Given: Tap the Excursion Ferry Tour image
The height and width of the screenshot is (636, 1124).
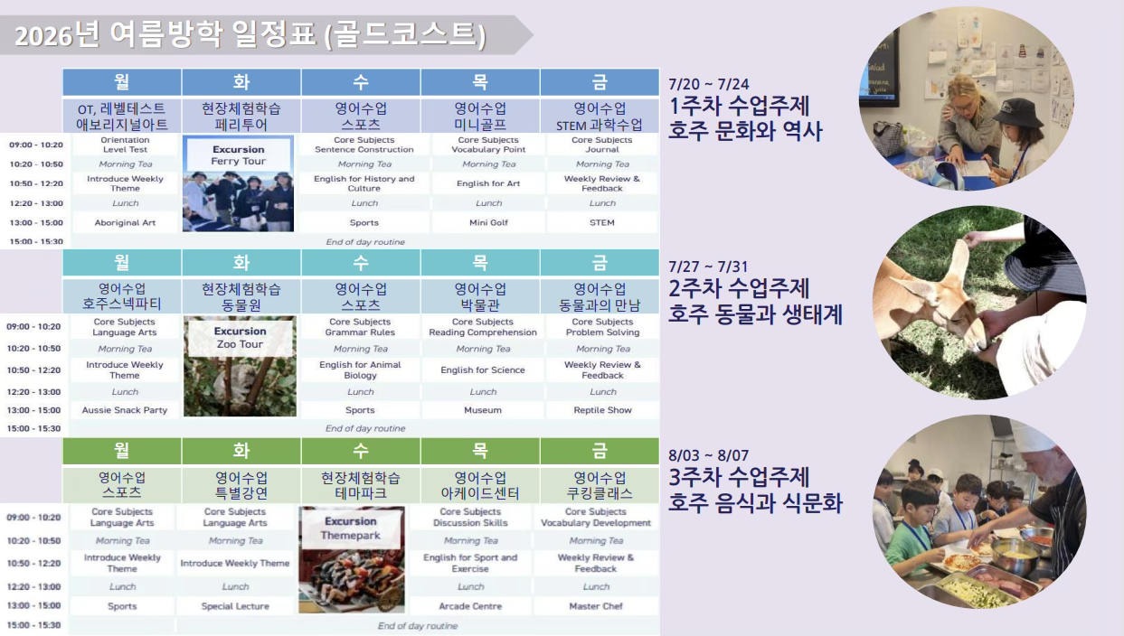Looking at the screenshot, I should pyautogui.click(x=238, y=183).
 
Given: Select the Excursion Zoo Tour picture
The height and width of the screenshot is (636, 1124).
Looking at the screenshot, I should pyautogui.click(x=239, y=366).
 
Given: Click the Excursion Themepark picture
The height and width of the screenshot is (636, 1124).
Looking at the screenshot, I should pyautogui.click(x=352, y=559).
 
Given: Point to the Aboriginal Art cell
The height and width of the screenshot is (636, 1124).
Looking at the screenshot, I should pyautogui.click(x=125, y=222).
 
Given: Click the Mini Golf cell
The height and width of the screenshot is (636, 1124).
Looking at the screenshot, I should pyautogui.click(x=488, y=222).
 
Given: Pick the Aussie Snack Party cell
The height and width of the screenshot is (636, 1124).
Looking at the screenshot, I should pyautogui.click(x=125, y=410).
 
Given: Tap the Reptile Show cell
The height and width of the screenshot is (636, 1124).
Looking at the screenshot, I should pyautogui.click(x=602, y=410).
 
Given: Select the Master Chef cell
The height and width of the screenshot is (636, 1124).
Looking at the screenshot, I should pyautogui.click(x=596, y=606).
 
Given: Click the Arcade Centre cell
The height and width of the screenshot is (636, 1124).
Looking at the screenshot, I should pyautogui.click(x=470, y=606).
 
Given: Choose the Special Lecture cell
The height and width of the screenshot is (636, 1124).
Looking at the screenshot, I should pyautogui.click(x=235, y=606).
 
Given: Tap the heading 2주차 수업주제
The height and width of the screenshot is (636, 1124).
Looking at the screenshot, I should pyautogui.click(x=739, y=289).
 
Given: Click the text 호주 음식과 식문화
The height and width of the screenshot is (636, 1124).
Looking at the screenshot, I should pyautogui.click(x=755, y=502).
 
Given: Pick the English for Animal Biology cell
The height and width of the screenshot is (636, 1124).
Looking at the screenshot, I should pyautogui.click(x=360, y=370).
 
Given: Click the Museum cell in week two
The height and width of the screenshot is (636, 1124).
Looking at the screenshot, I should pyautogui.click(x=483, y=410).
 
